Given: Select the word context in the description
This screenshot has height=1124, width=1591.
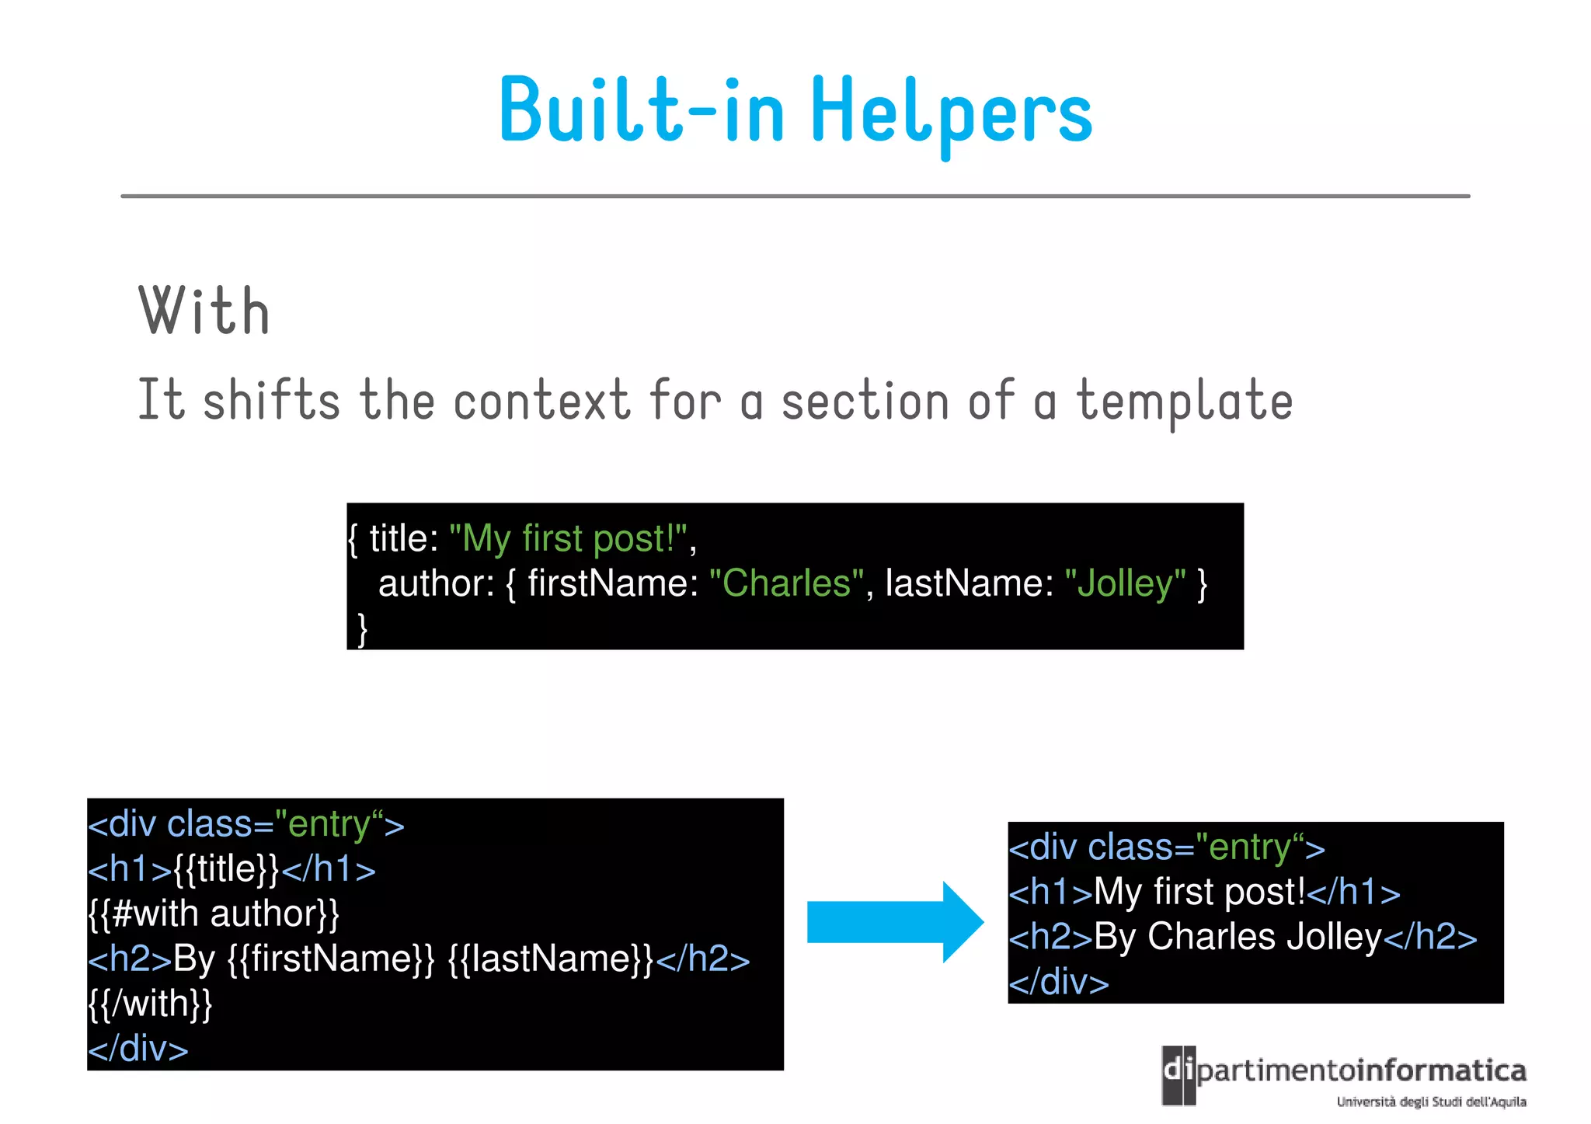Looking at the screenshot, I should click(541, 401).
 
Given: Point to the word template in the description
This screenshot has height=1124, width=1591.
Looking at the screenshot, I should click(1184, 401).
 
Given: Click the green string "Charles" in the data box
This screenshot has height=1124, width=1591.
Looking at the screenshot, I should click(786, 583).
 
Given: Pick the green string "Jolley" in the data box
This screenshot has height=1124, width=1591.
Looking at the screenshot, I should click(1125, 583).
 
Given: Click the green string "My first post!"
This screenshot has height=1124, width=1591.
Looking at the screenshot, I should click(569, 538).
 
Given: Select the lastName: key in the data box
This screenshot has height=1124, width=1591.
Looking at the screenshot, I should click(969, 583).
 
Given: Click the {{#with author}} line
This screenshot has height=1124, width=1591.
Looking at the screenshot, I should click(214, 913).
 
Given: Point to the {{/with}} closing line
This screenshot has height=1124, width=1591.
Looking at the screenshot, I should click(150, 1004).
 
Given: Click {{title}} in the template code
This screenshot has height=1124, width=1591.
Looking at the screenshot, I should click(225, 868).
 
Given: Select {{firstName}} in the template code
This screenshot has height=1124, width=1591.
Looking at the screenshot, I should click(331, 959).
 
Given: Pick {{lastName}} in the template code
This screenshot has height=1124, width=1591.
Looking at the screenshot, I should click(552, 959).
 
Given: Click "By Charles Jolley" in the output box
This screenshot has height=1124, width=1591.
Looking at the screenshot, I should click(1238, 937).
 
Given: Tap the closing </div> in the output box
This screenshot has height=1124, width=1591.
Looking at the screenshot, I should click(1058, 982).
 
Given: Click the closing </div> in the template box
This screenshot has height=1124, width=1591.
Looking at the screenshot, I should click(138, 1049).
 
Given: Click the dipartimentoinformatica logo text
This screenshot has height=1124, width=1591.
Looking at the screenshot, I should click(1359, 1071).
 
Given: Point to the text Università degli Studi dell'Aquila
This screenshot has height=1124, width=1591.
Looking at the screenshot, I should click(1431, 1101).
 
